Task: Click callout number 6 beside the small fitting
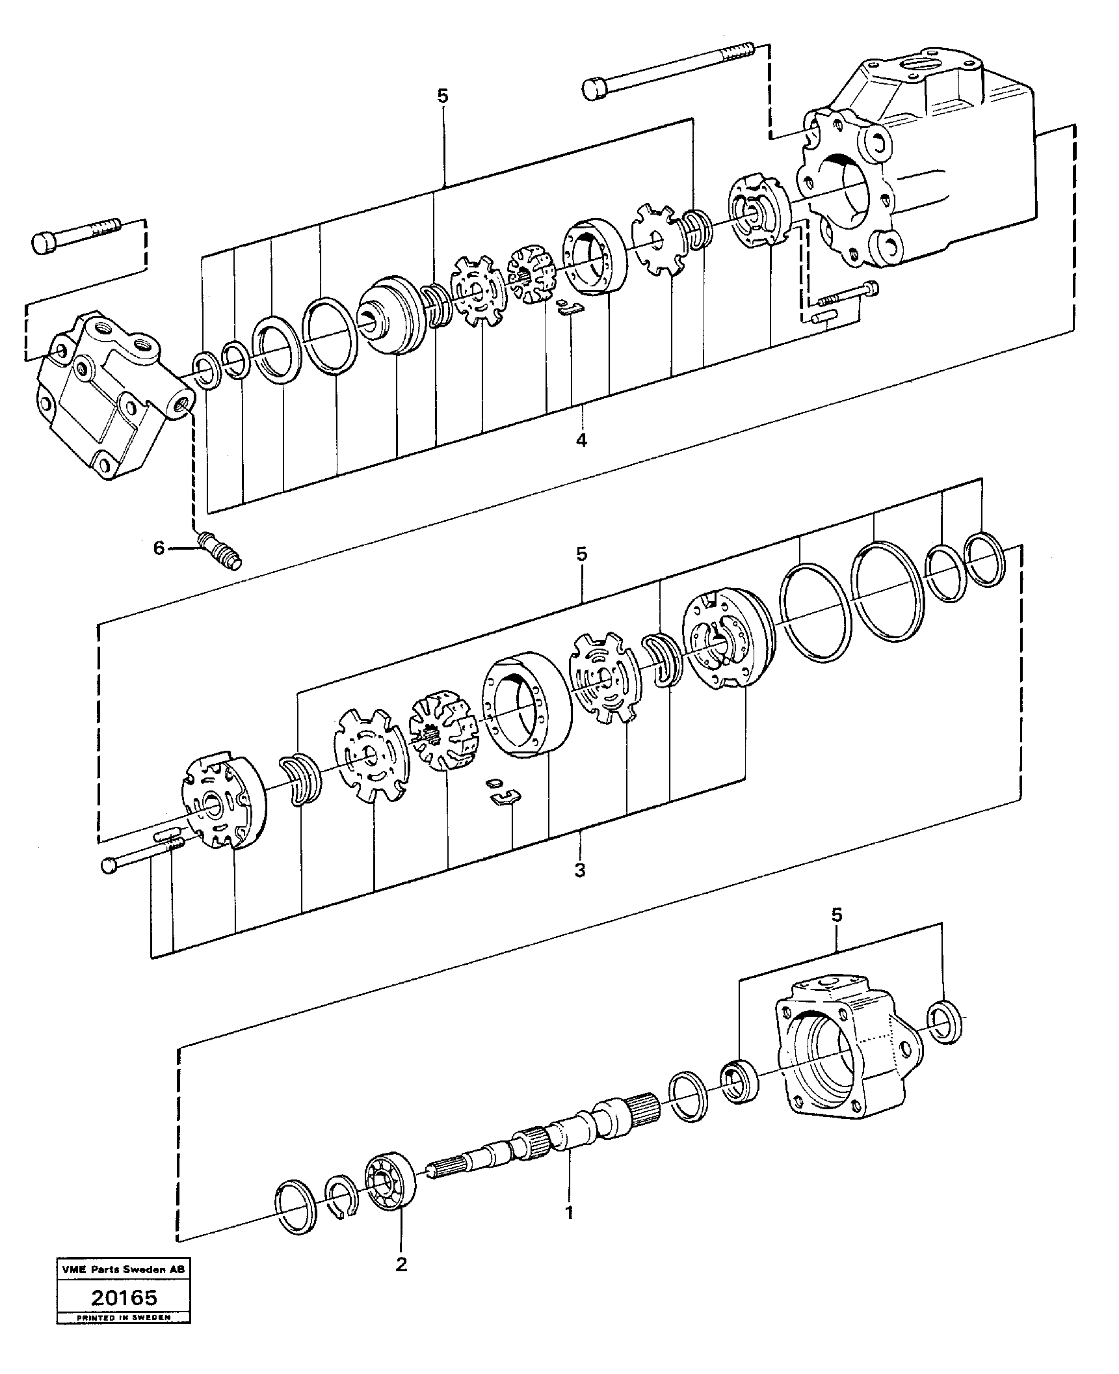159,548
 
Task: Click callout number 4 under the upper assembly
581,440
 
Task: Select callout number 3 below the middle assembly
580,870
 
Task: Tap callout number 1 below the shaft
570,1213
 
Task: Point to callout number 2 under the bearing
401,1264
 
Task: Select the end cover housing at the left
111,397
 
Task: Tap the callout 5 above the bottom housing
836,915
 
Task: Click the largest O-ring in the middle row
888,592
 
